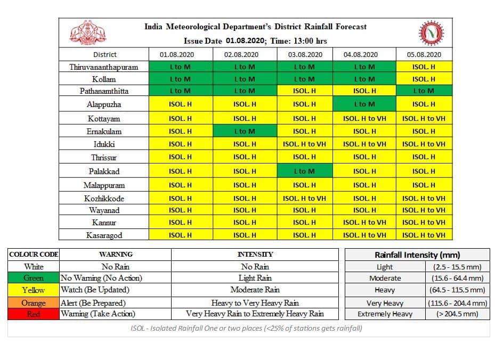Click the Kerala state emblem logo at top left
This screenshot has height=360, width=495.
[88, 32]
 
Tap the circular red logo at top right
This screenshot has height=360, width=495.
[431, 33]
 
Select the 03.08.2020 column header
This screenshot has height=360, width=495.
[305, 54]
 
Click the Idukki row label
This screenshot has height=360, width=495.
[104, 144]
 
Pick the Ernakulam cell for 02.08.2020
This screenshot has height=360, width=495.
[245, 131]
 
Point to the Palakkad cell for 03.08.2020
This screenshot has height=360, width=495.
[305, 171]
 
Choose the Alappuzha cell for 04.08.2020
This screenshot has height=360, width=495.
[364, 104]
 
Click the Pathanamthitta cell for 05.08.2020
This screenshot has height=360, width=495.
[424, 91]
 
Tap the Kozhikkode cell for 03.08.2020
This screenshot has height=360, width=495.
[305, 199]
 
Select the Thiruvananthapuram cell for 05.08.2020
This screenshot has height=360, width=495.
[424, 67]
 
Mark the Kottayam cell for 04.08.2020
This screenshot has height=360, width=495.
[364, 118]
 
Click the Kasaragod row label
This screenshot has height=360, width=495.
[104, 235]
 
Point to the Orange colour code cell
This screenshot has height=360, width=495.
[34, 302]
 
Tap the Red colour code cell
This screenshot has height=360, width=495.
[34, 314]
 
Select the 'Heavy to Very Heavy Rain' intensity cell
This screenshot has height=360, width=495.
[255, 302]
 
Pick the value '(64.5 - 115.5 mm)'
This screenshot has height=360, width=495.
[457, 290]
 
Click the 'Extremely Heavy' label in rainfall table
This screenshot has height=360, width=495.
[385, 314]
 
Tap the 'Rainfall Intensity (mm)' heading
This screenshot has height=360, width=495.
[417, 255]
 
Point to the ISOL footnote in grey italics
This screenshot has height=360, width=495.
[246, 328]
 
